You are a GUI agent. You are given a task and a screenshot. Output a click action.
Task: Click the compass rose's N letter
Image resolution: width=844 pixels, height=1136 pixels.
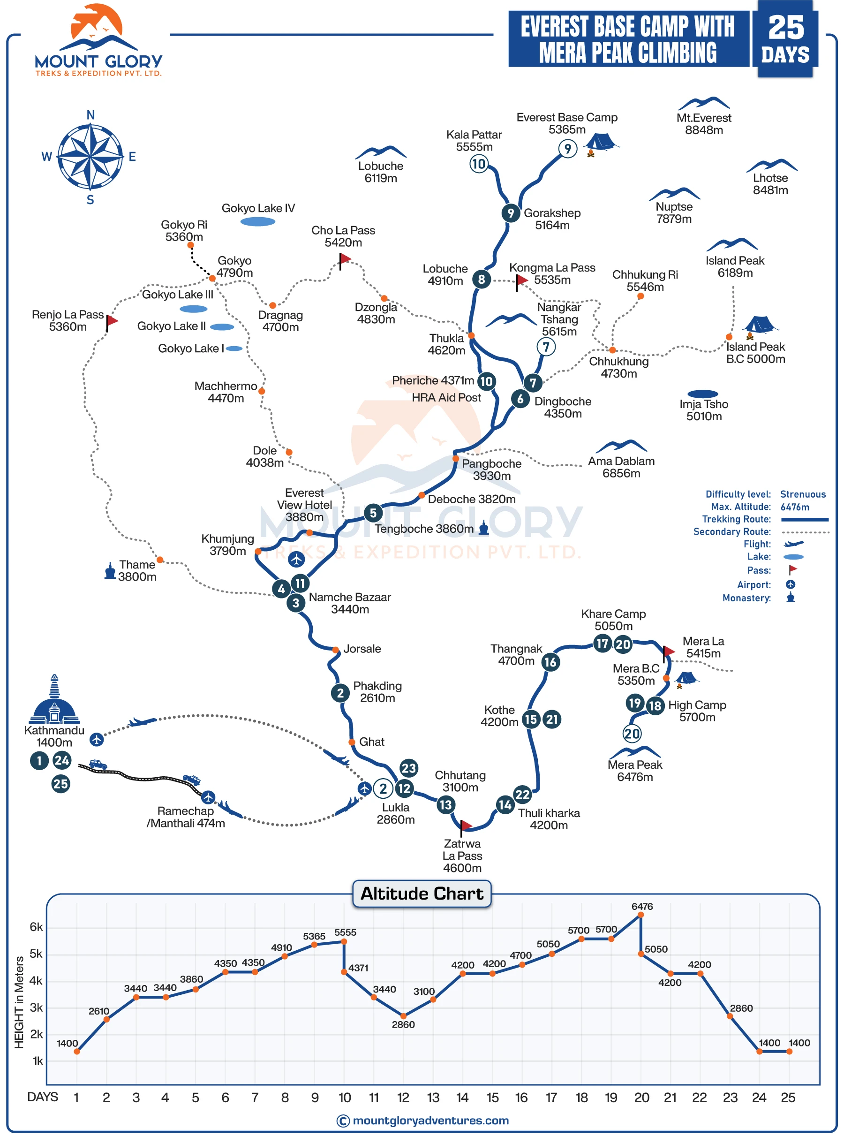90,115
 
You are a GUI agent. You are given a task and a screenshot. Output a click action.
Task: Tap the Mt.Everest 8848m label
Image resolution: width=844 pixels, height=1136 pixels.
703,124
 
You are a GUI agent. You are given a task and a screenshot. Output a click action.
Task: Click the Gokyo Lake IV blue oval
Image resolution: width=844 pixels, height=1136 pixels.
257,222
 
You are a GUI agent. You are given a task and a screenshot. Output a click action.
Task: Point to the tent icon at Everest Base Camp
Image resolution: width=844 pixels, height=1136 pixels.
601,142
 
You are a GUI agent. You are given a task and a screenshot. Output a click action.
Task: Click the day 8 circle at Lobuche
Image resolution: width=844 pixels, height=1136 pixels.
481,279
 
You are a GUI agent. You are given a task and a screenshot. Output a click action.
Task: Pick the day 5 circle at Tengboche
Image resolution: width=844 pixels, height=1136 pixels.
373,513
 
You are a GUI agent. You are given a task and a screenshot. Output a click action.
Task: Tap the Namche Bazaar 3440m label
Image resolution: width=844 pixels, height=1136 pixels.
349,603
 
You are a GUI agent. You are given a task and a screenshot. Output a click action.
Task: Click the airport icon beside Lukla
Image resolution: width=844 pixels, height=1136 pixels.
364,788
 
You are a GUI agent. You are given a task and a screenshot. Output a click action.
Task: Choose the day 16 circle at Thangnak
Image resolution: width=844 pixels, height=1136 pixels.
550,662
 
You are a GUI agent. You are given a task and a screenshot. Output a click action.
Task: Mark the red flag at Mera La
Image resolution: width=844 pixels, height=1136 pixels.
668,651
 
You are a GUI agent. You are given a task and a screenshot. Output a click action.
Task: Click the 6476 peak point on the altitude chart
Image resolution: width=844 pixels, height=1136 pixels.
641,915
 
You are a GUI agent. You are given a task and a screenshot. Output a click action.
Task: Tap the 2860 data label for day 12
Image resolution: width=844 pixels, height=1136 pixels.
403,1024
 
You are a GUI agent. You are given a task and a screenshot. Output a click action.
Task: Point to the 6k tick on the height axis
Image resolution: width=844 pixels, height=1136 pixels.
36,927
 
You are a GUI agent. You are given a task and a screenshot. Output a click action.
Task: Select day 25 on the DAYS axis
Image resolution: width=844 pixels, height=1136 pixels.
788,1098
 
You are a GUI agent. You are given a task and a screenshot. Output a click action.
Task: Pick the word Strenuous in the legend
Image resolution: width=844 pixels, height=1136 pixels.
803,494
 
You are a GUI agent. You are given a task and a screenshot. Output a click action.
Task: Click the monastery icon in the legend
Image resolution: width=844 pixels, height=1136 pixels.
791,598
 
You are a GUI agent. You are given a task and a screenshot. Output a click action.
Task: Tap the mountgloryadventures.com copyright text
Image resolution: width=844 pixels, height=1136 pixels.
430,1121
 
